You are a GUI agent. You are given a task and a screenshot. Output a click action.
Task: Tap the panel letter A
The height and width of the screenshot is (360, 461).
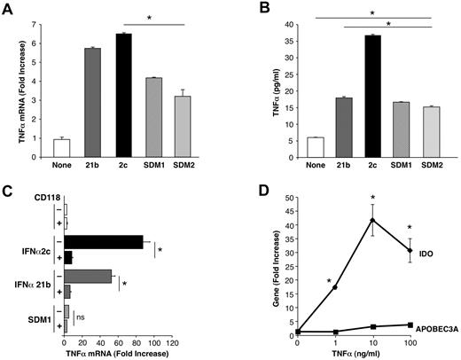[9, 8]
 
